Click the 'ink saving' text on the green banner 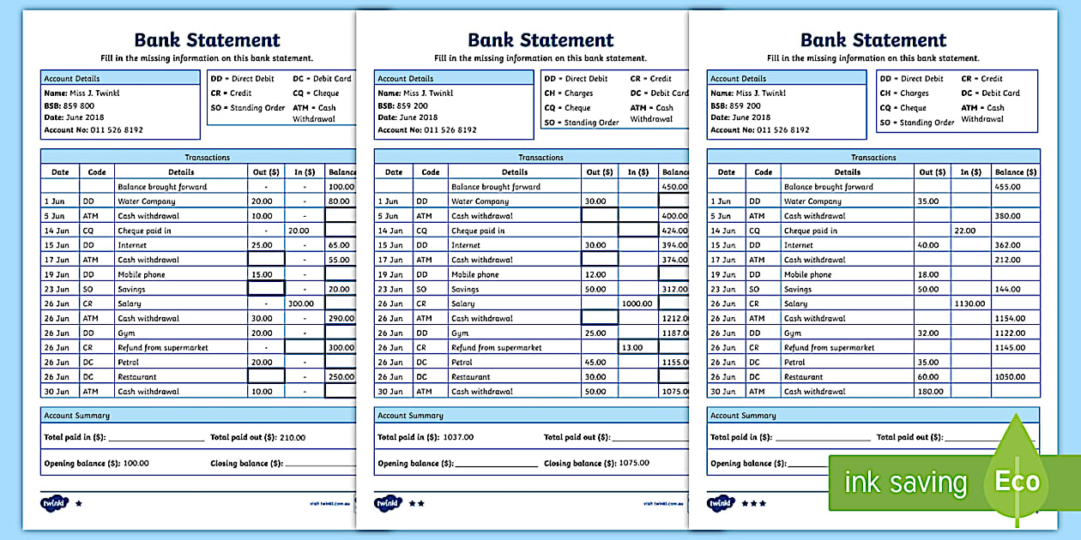tap(905, 483)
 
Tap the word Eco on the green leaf tap(1017, 481)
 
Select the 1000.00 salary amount tap(637, 303)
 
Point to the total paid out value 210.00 tap(293, 437)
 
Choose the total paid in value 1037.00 tap(458, 437)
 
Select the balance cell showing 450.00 tap(675, 186)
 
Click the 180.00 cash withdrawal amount tap(928, 392)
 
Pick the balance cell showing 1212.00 tap(675, 318)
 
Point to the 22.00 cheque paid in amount tap(965, 231)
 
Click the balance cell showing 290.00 tap(341, 318)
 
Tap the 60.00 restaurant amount tap(927, 376)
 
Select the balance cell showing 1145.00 tap(1011, 347)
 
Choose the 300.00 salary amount tap(299, 303)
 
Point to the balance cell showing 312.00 tap(675, 289)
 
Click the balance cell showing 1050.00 tap(1011, 376)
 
